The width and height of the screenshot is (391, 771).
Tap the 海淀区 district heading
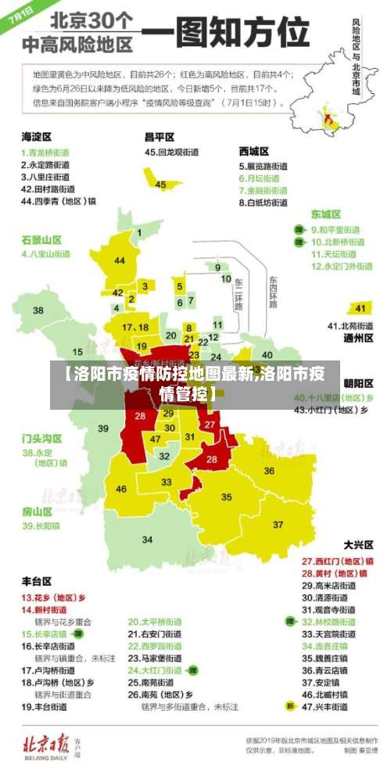[x=37, y=137]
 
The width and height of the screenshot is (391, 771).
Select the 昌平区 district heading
[x=160, y=137]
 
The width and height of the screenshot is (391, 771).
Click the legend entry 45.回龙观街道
[x=174, y=152]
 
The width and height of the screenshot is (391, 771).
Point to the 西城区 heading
[x=254, y=151]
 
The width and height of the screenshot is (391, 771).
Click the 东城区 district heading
[x=326, y=214]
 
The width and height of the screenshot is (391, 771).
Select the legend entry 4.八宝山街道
[x=46, y=254]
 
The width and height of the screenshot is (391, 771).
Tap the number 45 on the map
[x=160, y=185]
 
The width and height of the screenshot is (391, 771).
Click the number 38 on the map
[x=38, y=310]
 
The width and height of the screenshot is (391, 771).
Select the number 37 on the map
[x=278, y=523]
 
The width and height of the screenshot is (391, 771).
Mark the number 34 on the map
[x=147, y=540]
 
